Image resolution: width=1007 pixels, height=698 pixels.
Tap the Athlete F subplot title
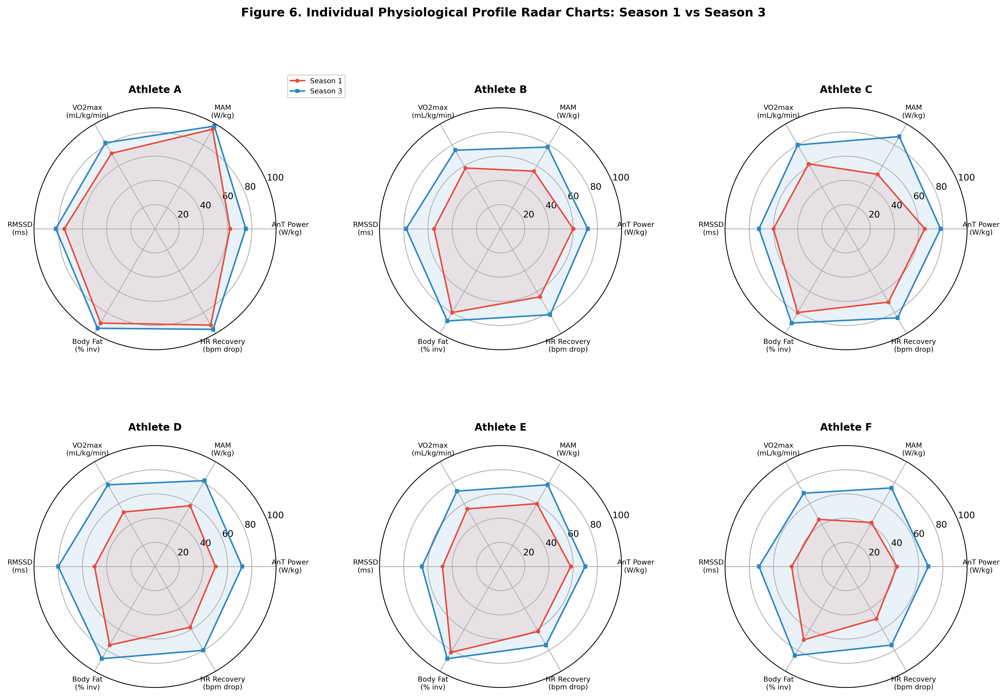pos(846,427)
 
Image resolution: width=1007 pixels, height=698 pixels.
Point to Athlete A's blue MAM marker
pos(214,126)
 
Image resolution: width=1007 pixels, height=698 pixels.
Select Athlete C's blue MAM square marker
pos(899,137)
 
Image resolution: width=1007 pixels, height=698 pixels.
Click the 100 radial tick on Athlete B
pos(621,178)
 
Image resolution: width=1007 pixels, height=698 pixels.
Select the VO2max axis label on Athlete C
pos(778,112)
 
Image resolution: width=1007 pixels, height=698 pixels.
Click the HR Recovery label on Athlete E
pos(568,683)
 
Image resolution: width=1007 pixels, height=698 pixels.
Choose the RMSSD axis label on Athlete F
pos(711,566)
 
